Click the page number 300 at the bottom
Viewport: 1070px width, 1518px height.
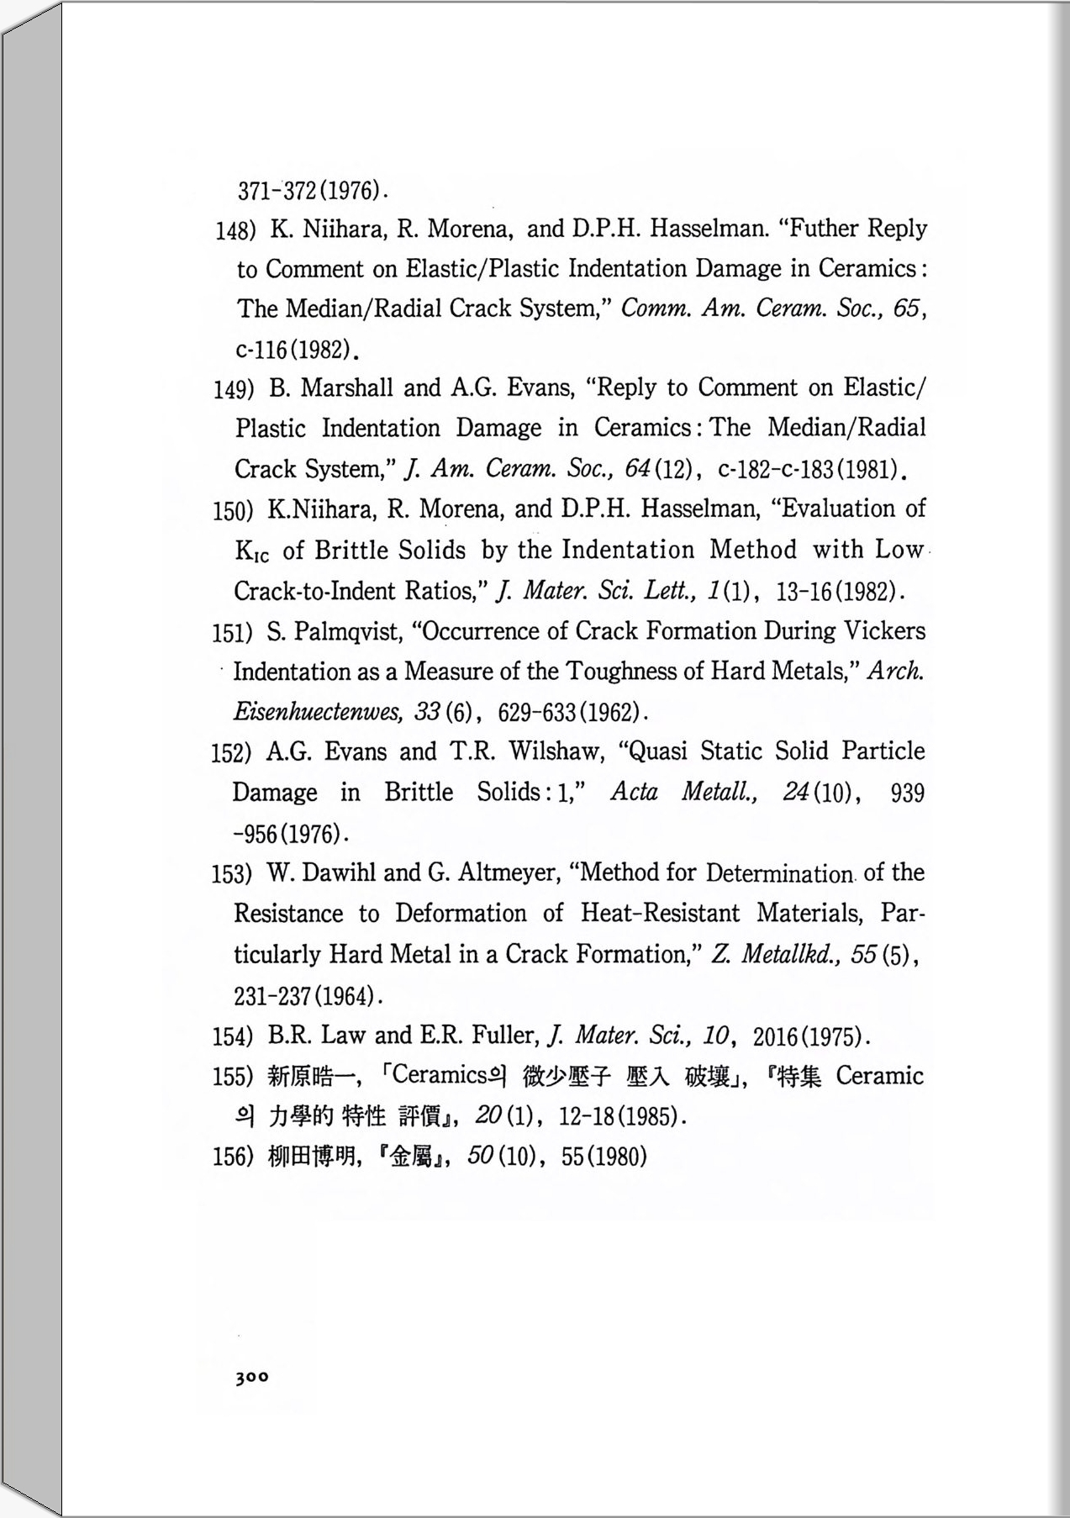252,1378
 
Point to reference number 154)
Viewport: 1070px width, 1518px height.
232,1036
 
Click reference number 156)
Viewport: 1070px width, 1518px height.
232,1157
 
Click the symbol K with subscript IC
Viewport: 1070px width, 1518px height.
251,551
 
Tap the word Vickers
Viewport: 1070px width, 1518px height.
884,631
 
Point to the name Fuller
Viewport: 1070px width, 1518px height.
505,1036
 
